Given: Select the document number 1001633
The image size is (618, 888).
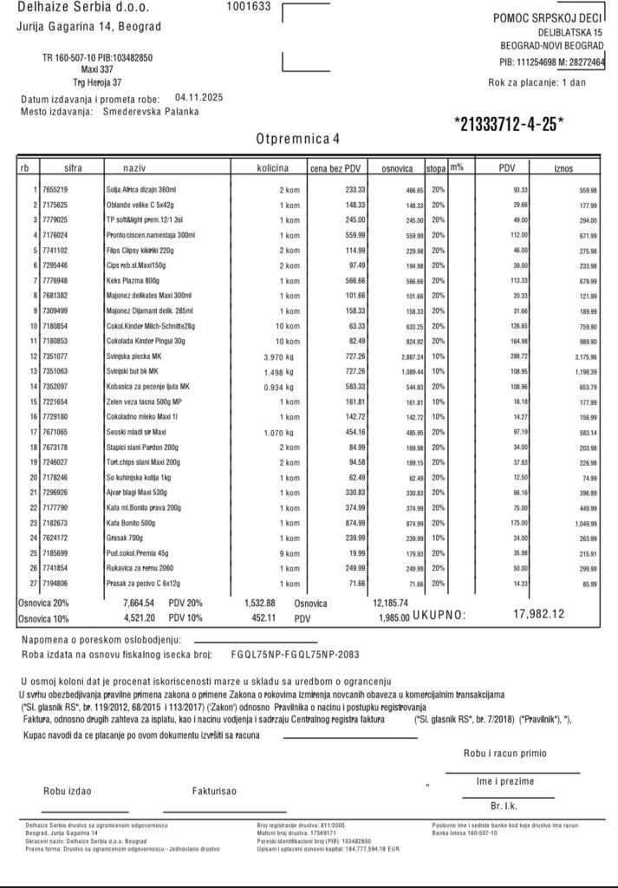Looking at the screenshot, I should pos(248,6).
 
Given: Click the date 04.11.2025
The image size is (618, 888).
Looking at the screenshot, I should pos(198,98).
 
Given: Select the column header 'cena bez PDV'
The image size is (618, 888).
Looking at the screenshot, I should pos(341,167).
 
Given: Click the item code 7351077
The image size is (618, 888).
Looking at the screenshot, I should pos(55,356).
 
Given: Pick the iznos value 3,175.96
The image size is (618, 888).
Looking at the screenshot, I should pos(581,356).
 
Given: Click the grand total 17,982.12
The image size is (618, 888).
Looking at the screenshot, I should pos(539,614).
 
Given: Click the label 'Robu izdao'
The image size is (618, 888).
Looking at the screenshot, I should pos(68,790).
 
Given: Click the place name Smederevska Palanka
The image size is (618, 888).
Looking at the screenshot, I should pos(150,111).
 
